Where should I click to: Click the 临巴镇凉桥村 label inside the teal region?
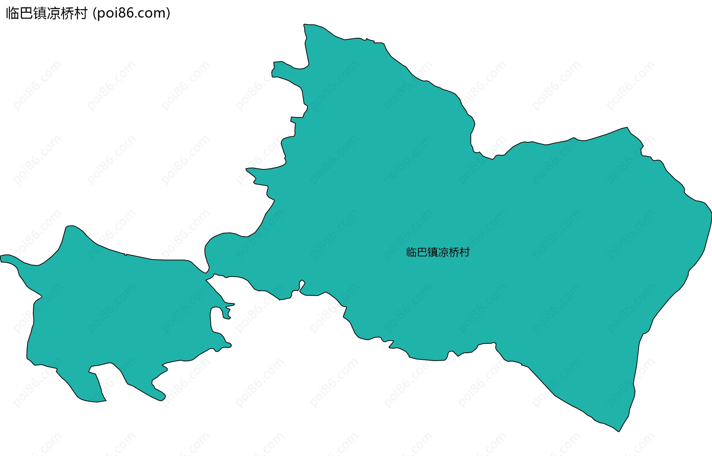pyautogui.click(x=438, y=253)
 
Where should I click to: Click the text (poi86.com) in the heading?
pyautogui.click(x=132, y=13)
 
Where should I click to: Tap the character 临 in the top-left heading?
pyautogui.click(x=13, y=13)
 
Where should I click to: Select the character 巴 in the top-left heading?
pyautogui.click(x=26, y=13)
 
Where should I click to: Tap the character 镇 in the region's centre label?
pyautogui.click(x=433, y=253)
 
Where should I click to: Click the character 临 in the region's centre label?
pyautogui.click(x=412, y=253)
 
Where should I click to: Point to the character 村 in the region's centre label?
pyautogui.click(x=464, y=253)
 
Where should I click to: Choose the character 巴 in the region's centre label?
pyautogui.click(x=422, y=253)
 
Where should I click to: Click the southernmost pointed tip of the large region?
pyautogui.click(x=619, y=431)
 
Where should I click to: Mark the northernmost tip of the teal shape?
pyautogui.click(x=305, y=25)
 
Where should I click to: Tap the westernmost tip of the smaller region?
pyautogui.click(x=1, y=258)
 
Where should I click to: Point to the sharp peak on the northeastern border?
pyautogui.click(x=627, y=128)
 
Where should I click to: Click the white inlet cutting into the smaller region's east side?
pyautogui.click(x=217, y=319)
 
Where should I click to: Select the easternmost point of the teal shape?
pyautogui.click(x=711, y=214)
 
